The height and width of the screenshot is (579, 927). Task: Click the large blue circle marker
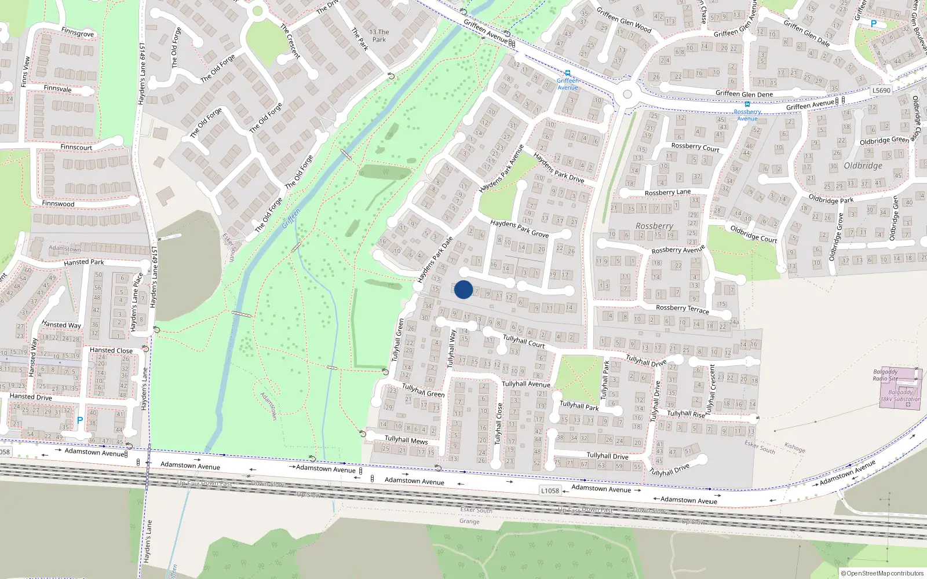point(463,289)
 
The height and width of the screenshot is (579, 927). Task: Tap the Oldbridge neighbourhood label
point(863,166)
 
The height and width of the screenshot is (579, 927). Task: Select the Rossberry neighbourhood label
point(654,226)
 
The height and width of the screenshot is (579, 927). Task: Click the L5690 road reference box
point(881,90)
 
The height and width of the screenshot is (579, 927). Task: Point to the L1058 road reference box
point(550,490)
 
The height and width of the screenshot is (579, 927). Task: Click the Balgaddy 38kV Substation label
point(900,395)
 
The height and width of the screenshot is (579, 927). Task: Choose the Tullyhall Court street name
point(524,341)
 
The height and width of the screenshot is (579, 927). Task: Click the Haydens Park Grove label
point(519,228)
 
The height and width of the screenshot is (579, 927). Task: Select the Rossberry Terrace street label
point(682,309)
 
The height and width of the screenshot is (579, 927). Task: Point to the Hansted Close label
point(111,350)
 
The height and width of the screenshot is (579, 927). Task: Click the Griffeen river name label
point(291,218)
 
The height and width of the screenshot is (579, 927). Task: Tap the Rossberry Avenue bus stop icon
point(747,104)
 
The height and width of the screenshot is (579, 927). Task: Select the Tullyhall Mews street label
point(406,440)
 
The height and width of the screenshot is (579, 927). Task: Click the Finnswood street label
point(58,204)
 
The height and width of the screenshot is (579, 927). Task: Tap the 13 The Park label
point(379,36)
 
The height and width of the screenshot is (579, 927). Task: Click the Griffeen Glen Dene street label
point(744,94)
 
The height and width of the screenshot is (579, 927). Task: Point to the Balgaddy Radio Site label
point(885,375)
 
